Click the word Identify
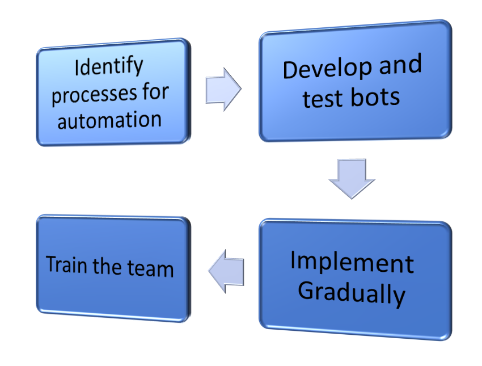tap(109, 67)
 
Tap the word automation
tap(109, 120)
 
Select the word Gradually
tap(352, 293)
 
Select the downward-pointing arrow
tap(352, 178)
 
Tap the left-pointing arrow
tap(226, 272)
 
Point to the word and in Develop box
tap(400, 65)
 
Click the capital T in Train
tap(51, 264)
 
